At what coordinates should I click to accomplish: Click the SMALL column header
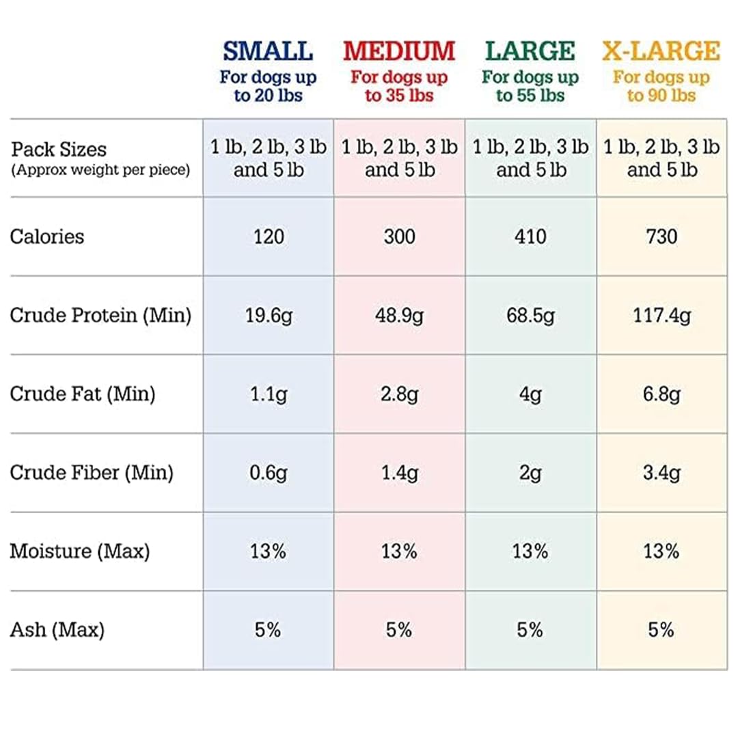pos(268,51)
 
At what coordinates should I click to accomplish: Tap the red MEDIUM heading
pos(399,51)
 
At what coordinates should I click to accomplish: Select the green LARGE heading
pos(530,51)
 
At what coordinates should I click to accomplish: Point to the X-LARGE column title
pos(661,51)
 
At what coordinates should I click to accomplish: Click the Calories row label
pos(47,236)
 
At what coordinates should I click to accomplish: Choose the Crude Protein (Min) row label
pos(100,315)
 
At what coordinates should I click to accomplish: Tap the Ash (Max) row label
pos(57,630)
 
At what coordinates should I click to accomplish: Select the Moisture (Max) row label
pos(80,551)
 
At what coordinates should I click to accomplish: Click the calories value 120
pos(269,236)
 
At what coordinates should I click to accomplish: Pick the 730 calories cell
pos(661,236)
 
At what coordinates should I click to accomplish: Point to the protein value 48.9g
pos(399,316)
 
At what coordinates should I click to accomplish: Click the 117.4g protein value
pos(661,316)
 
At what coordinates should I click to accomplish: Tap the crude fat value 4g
pos(530,394)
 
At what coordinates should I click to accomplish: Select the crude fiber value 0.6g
pos(269,473)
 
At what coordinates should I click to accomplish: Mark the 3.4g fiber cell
pos(661,473)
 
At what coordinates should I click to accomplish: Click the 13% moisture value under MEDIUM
pos(399,551)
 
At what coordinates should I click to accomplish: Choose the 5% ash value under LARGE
pos(530,630)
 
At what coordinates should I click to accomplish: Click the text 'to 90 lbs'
pos(661,96)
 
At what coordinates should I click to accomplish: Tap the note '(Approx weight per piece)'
pos(100,170)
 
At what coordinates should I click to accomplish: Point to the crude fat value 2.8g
pos(399,394)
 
